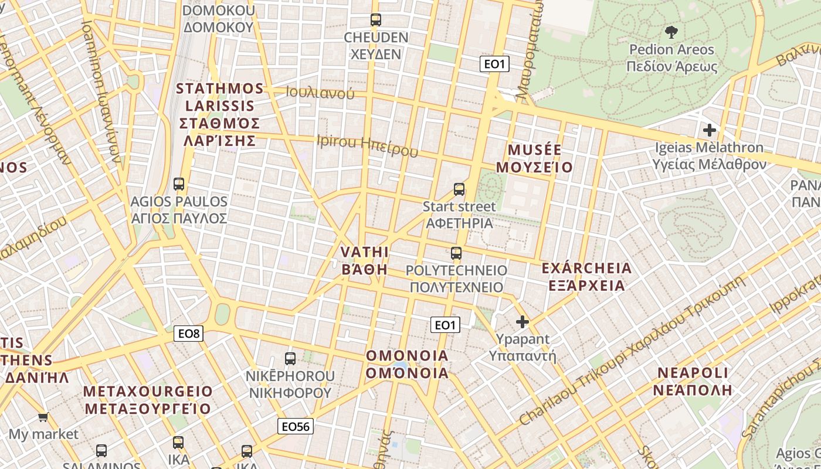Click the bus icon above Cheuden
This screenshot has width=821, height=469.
376,20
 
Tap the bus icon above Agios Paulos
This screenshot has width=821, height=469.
179,184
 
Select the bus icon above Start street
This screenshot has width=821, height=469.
459,189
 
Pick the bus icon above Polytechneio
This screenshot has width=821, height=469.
456,253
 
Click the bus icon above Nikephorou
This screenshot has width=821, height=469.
290,358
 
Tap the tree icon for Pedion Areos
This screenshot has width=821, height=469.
671,32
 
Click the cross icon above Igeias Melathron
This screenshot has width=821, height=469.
710,130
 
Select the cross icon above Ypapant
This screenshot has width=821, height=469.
522,321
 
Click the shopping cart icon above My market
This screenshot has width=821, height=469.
43,417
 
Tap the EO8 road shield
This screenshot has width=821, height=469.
189,334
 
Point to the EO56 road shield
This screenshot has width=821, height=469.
296,426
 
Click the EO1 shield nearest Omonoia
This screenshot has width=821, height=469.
445,325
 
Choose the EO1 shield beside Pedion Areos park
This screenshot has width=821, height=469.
494,64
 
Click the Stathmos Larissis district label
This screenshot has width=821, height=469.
220,115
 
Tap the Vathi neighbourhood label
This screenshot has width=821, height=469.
365,260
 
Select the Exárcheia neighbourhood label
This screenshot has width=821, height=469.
586,277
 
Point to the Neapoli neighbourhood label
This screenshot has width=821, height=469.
693,381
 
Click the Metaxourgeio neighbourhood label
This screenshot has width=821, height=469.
148,400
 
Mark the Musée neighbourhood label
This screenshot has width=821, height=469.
534,158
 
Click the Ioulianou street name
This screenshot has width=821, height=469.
320,92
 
